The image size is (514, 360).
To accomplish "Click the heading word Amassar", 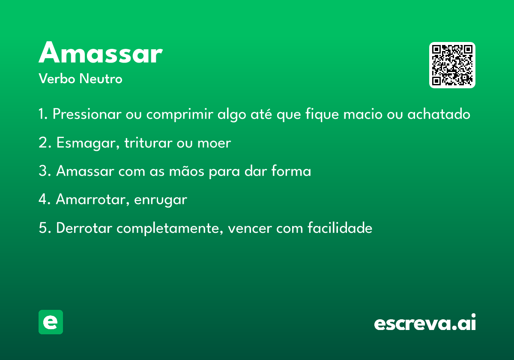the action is (101, 52).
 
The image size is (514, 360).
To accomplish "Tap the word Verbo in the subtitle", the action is (57, 78).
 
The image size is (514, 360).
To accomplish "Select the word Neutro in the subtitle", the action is (101, 78).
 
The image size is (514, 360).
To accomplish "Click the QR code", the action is (452, 65).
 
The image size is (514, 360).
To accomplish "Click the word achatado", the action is (439, 114).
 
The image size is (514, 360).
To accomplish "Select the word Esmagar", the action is (88, 143).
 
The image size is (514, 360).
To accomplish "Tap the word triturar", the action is (148, 143).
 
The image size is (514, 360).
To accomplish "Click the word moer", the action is (214, 143).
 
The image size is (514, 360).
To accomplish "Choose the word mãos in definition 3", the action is (187, 171).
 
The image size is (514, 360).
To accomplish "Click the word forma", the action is (291, 171).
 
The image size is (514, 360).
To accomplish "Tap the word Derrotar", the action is (84, 228).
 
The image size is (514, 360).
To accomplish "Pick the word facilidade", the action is (340, 228).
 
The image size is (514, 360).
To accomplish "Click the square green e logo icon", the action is (51, 322).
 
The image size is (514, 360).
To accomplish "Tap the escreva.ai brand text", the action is (425, 322).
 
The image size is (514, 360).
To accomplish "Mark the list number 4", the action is (43, 199).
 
